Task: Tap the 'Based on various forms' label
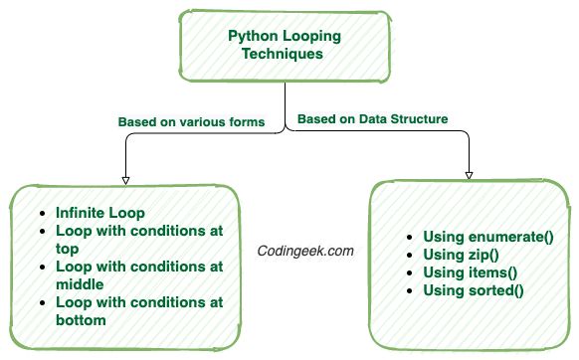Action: (192, 122)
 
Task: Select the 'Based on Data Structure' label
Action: (372, 118)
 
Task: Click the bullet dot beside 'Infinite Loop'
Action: (40, 213)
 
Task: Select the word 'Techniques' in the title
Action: (284, 55)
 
